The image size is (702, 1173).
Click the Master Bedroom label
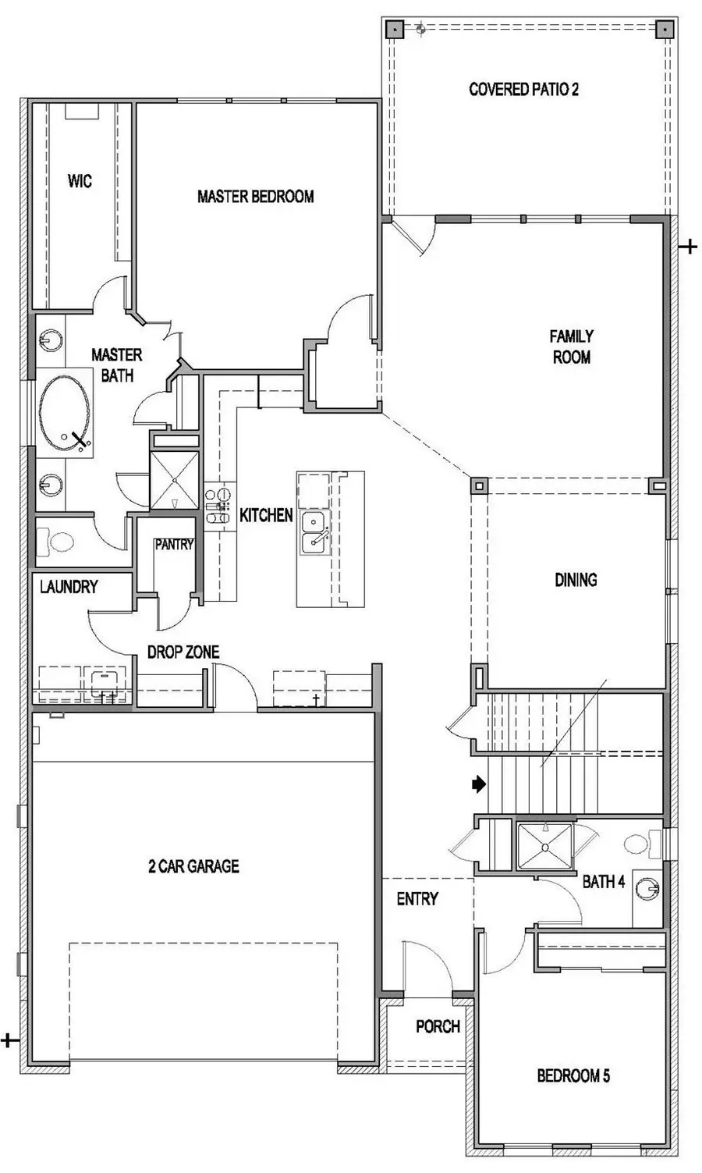(256, 197)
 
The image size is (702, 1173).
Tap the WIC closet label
(80, 181)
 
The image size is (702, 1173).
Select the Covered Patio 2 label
(523, 89)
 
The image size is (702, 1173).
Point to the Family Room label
(572, 347)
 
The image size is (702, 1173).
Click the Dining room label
(576, 580)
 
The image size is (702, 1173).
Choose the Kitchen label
(266, 515)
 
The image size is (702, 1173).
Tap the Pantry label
(174, 545)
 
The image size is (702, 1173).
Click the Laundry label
(69, 587)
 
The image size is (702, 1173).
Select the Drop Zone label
(183, 652)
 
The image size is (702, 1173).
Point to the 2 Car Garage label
(193, 866)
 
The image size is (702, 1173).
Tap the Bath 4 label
(604, 882)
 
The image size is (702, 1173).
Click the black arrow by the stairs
(479, 784)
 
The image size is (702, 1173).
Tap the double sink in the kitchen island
(314, 532)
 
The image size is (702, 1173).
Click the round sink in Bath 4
(647, 889)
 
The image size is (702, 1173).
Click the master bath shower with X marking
(174, 480)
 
